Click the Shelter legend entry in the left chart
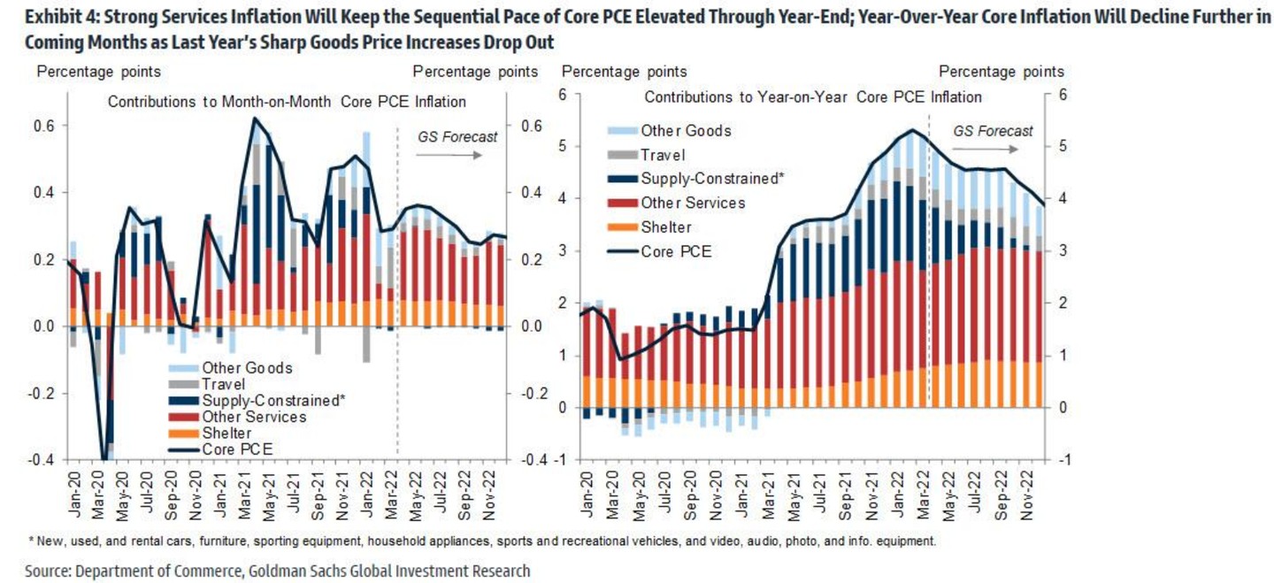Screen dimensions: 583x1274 pyautogui.click(x=226, y=433)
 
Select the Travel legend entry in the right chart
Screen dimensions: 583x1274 pyautogui.click(x=662, y=155)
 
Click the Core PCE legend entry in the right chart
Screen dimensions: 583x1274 pyautogui.click(x=676, y=251)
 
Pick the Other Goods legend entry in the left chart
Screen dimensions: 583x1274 pyautogui.click(x=247, y=367)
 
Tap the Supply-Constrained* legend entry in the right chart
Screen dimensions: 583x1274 pyautogui.click(x=712, y=179)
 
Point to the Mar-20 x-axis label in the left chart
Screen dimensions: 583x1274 pyautogui.click(x=99, y=494)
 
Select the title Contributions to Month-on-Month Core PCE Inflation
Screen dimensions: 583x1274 pyautogui.click(x=287, y=102)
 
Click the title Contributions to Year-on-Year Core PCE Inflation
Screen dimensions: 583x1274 pyautogui.click(x=813, y=96)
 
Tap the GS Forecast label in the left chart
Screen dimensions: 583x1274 pyautogui.click(x=457, y=136)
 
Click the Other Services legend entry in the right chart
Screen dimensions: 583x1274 pyautogui.click(x=693, y=203)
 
